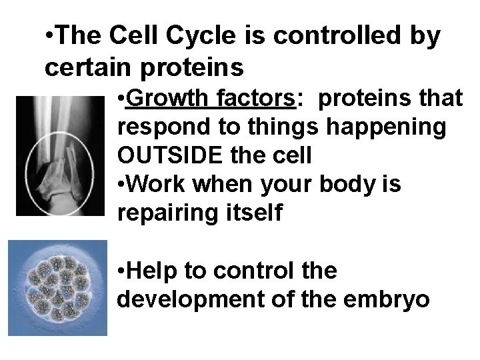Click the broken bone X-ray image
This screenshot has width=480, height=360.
[61, 155]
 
